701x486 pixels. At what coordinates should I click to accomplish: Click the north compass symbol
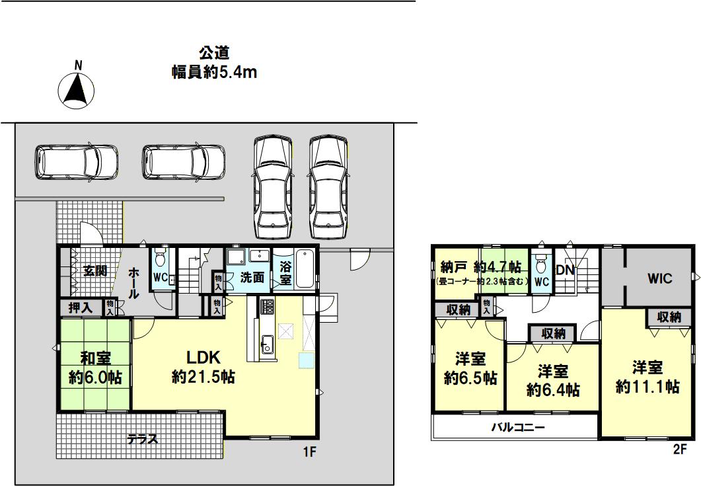click(x=77, y=89)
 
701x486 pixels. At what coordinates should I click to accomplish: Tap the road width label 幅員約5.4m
click(x=215, y=71)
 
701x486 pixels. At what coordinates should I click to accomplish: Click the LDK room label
click(x=203, y=357)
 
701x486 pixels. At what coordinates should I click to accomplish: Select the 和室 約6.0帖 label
click(x=95, y=368)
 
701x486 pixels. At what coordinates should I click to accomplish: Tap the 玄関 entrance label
click(x=95, y=270)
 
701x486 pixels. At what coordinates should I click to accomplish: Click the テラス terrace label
click(x=143, y=439)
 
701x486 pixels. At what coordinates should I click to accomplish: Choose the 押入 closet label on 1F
click(x=81, y=308)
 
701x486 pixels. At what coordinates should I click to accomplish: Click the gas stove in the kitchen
click(x=268, y=307)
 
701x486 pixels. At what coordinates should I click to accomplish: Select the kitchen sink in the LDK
click(x=268, y=344)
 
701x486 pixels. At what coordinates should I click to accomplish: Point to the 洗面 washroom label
click(x=252, y=278)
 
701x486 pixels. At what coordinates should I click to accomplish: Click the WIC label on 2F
click(x=660, y=278)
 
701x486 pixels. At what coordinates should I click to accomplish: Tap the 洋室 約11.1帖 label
click(x=647, y=378)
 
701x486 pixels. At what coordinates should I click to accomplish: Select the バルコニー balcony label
click(x=518, y=427)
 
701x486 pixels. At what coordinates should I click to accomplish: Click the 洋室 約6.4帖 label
click(x=553, y=381)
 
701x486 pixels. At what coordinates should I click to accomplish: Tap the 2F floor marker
click(x=680, y=450)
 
